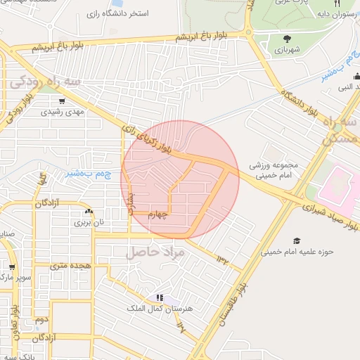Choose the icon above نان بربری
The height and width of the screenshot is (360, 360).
point(89,211)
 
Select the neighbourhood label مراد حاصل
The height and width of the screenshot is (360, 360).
point(155,251)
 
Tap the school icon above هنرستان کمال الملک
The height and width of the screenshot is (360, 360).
point(160,297)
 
